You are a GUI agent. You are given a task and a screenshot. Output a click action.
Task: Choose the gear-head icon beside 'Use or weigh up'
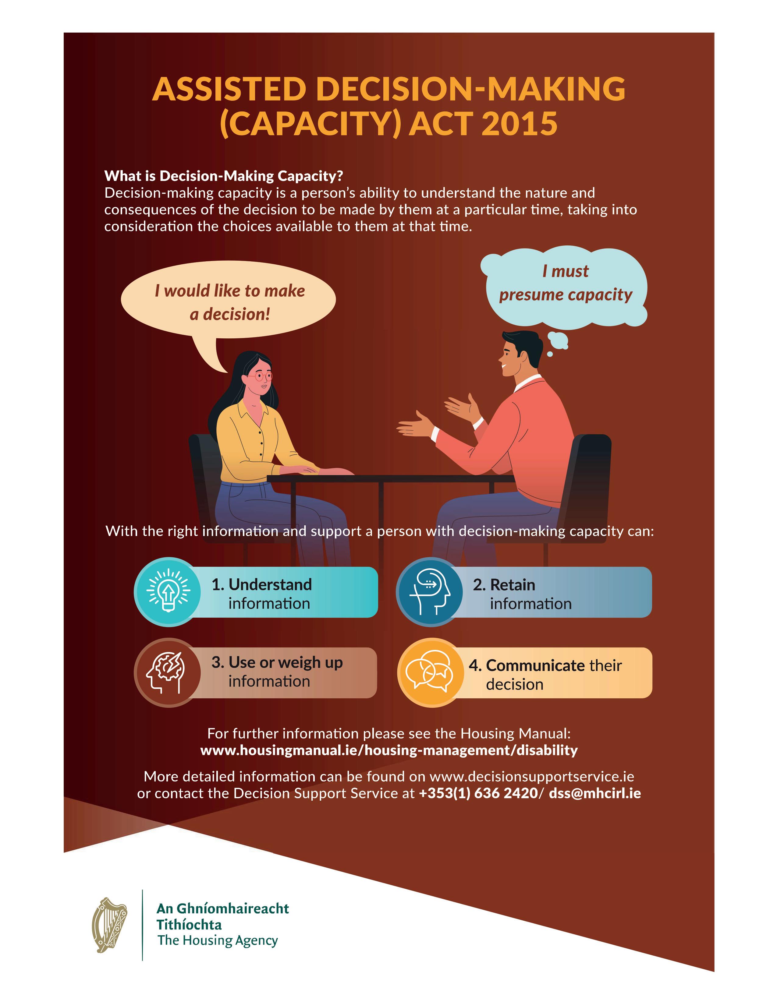pos(167,672)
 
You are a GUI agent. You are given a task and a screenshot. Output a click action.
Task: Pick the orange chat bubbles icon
pos(429,672)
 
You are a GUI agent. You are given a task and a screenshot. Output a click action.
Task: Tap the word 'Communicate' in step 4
pos(535,665)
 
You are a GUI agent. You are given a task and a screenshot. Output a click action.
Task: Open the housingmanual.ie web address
pos(389,750)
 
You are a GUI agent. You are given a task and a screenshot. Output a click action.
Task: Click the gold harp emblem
pos(110,925)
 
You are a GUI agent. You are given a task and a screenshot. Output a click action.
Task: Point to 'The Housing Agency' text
pos(218,940)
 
